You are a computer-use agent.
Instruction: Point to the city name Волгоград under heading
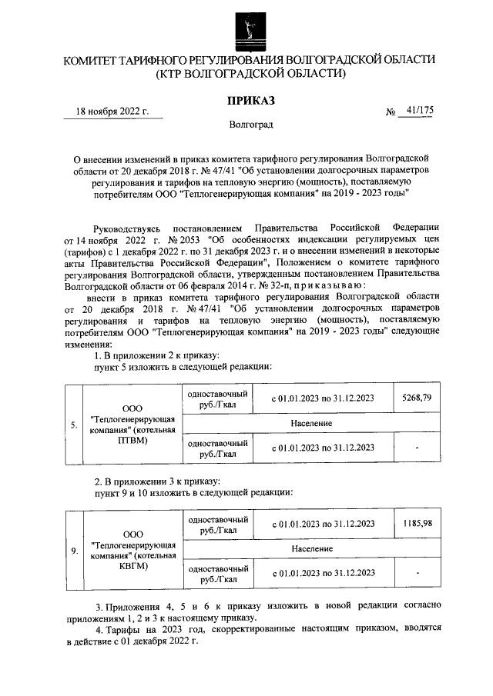point(250,124)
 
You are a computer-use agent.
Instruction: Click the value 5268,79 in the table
point(416,398)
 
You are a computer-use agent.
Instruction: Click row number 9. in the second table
point(73,551)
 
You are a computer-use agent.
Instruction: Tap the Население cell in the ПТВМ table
point(312,423)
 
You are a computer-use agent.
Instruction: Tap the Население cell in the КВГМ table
point(312,548)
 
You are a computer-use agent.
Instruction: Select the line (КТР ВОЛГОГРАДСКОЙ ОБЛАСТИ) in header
point(250,74)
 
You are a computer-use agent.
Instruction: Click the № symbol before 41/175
point(389,112)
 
